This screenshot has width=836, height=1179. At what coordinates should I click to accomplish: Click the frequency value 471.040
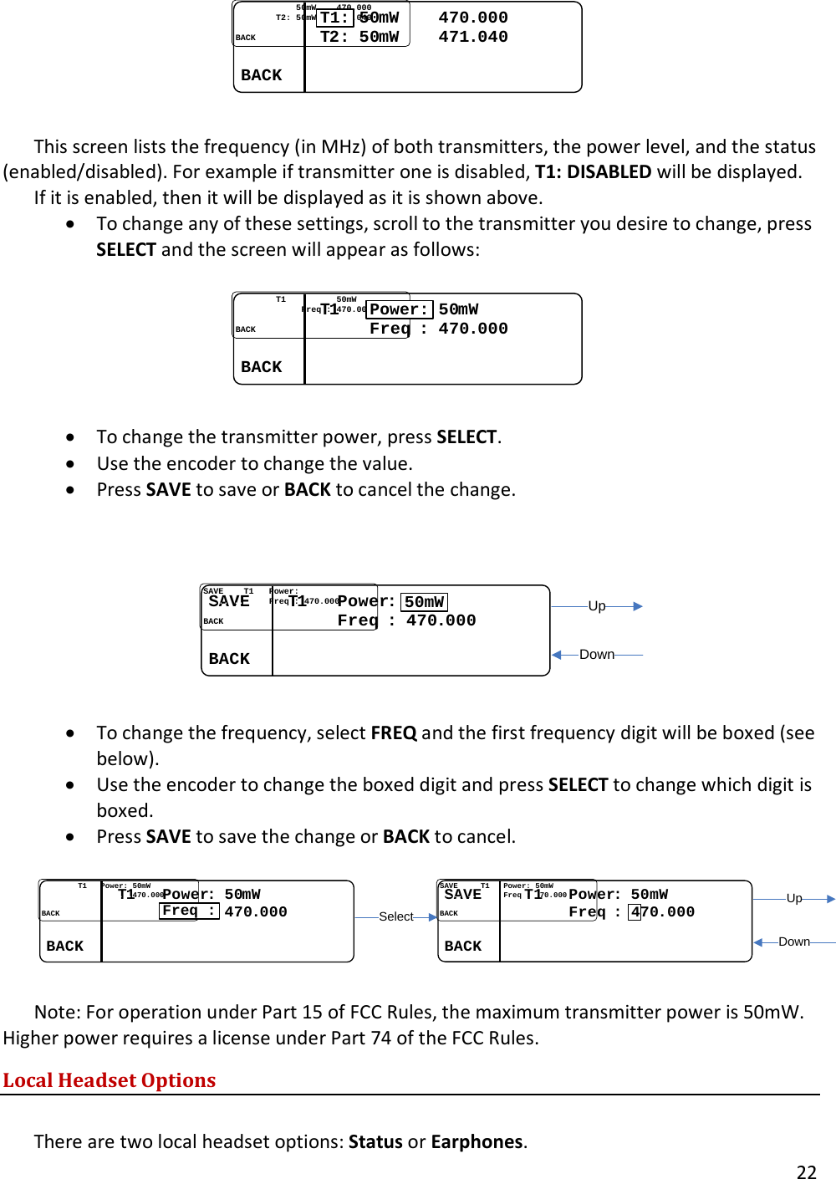473,37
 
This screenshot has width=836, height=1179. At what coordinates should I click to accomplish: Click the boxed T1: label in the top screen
335,18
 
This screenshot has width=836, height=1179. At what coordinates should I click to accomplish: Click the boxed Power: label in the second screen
400,309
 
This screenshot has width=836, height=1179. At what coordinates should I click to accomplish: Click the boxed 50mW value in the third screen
425,602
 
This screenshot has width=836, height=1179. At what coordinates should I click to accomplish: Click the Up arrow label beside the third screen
597,606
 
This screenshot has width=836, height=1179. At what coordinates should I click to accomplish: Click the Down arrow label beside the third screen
597,655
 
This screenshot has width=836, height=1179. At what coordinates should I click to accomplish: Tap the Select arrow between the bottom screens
396,916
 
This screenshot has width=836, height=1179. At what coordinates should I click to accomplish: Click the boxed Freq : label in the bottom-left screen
189,911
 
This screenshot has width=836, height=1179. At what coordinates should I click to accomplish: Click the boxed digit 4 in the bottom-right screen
635,912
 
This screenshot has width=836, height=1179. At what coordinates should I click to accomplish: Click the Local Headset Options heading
110,1080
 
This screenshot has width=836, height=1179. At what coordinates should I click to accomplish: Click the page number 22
806,1172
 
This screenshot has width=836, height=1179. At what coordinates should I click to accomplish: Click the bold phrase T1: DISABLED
593,172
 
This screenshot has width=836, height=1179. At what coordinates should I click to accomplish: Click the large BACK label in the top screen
262,75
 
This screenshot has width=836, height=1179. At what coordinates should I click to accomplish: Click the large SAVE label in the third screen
229,601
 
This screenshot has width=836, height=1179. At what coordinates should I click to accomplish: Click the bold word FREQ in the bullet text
394,733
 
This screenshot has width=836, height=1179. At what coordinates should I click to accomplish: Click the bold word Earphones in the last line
477,1142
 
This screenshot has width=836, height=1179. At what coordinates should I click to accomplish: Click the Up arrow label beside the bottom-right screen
794,898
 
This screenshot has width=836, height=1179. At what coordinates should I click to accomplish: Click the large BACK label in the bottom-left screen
65,946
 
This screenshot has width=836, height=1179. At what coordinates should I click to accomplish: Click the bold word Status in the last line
375,1142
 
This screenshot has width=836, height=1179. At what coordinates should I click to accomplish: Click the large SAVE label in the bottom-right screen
463,894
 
